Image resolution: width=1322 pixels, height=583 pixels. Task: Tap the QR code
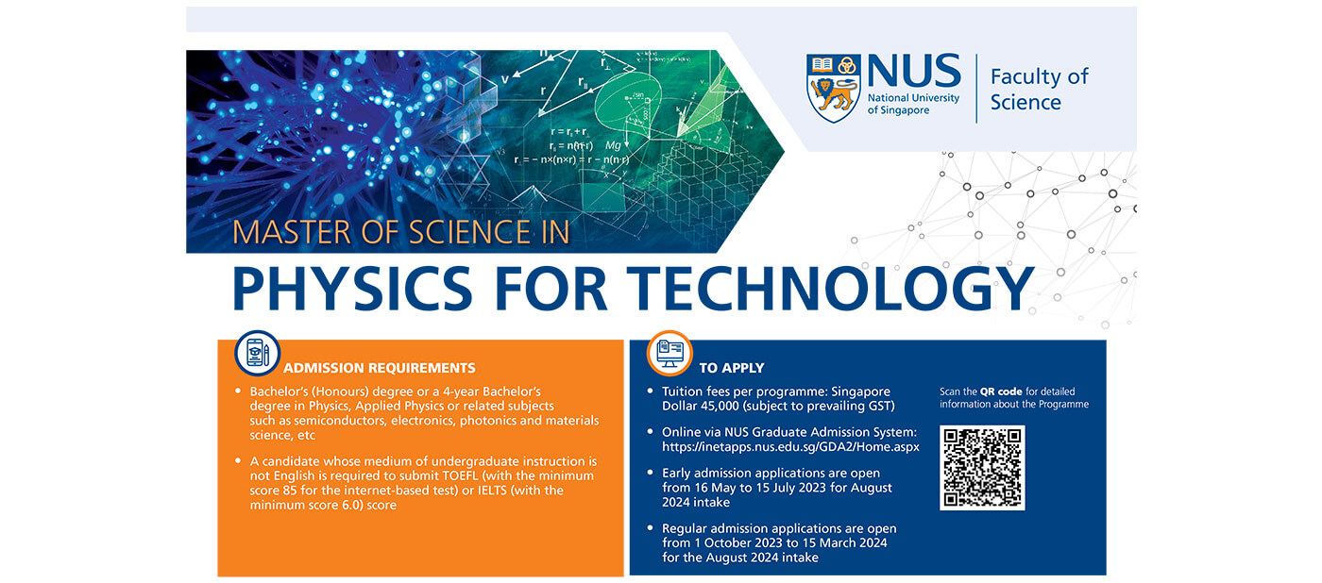[x=982, y=468]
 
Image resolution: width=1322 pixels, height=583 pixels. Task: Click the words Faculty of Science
[x=1039, y=89]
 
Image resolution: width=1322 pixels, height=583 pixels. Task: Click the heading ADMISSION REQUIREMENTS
[x=380, y=368]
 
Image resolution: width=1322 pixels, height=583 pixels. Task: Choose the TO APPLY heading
[x=732, y=368]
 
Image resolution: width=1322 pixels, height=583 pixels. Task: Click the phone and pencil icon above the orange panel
[x=257, y=353]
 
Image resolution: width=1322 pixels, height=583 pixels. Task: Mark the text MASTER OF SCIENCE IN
[x=401, y=232]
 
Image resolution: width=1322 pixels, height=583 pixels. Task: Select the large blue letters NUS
[x=913, y=72]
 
